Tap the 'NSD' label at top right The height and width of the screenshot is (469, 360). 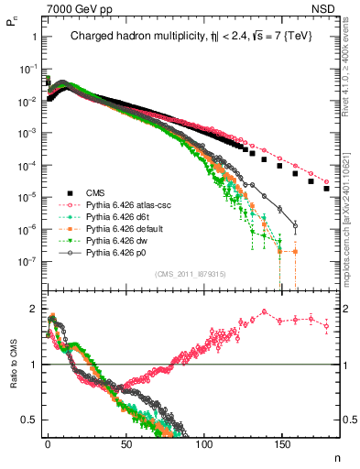tap(329, 8)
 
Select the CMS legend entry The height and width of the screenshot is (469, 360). tap(95, 192)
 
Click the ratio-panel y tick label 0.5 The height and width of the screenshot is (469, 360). tap(28, 420)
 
